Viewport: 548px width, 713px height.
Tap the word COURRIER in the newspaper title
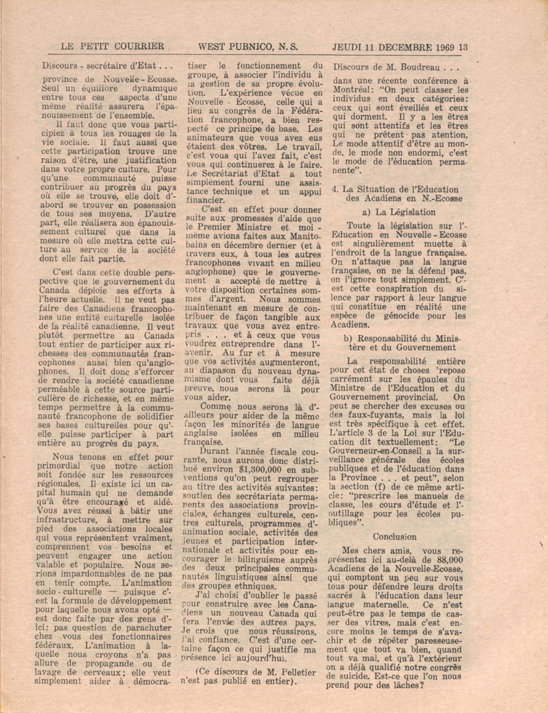138,46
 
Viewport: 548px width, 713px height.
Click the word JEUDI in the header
350,46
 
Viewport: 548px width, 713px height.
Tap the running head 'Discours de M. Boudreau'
388,65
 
